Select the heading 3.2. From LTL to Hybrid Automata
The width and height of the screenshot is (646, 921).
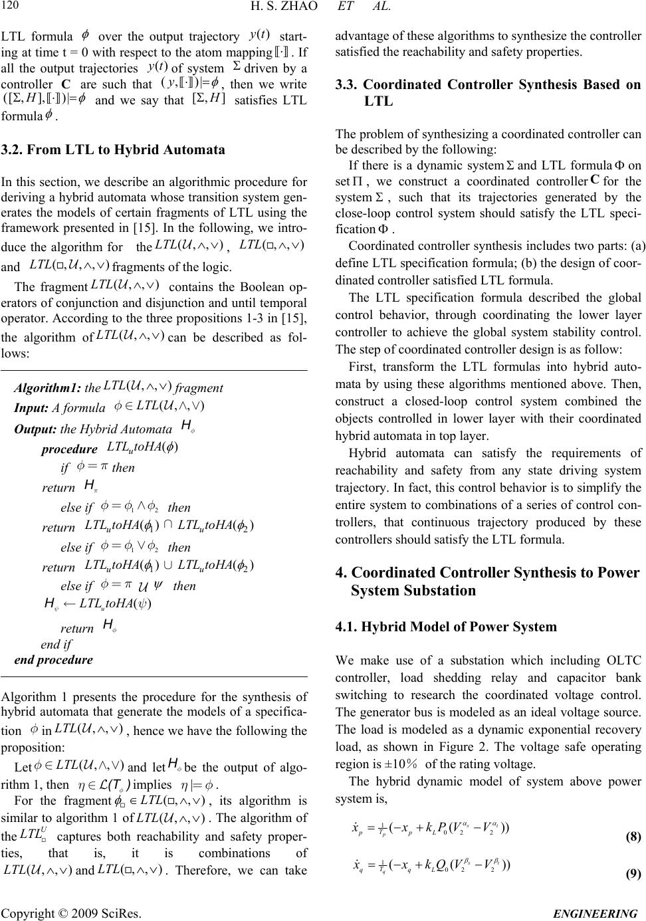(114, 150)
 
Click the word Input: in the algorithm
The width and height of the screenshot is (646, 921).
(31, 407)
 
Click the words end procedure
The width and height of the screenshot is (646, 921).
(54, 660)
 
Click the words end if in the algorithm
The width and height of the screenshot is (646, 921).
(56, 644)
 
